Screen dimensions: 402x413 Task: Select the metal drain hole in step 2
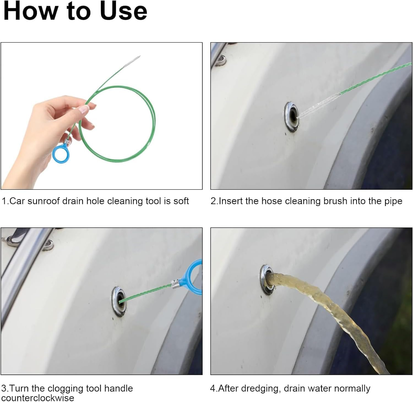coord(292,117)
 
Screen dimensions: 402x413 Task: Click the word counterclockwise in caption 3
coord(38,398)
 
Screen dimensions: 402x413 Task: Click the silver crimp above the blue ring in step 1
coord(66,143)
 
